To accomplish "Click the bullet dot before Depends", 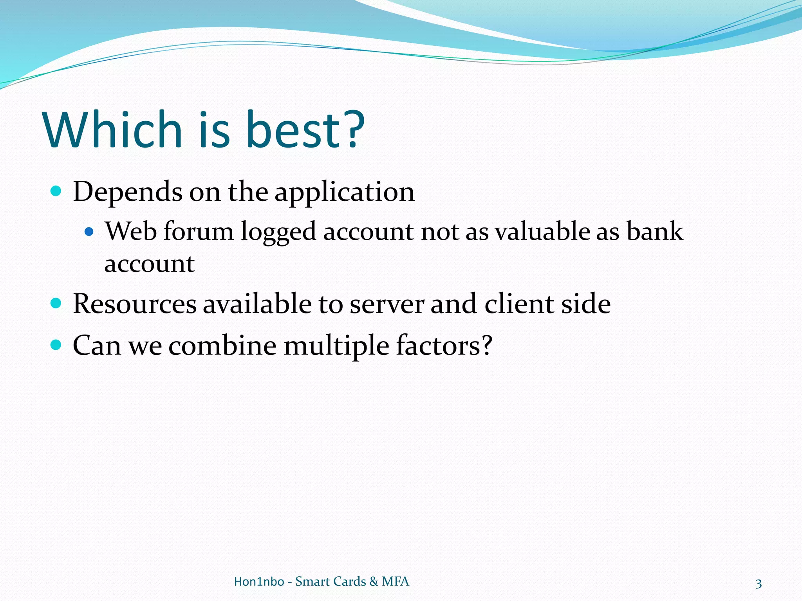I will pos(56,191).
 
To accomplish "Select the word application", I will pos(344,193).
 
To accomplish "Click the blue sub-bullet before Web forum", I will pos(89,232).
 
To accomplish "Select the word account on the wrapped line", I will pos(149,264).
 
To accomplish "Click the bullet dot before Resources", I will pos(56,303).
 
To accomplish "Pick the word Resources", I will pos(135,304).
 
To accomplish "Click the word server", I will pos(387,304).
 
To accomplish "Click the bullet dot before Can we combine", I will pos(56,345).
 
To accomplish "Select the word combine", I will pos(222,345).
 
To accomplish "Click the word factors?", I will pos(444,345).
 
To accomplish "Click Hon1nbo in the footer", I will pos(259,581).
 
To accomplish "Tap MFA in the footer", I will pos(395,581).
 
